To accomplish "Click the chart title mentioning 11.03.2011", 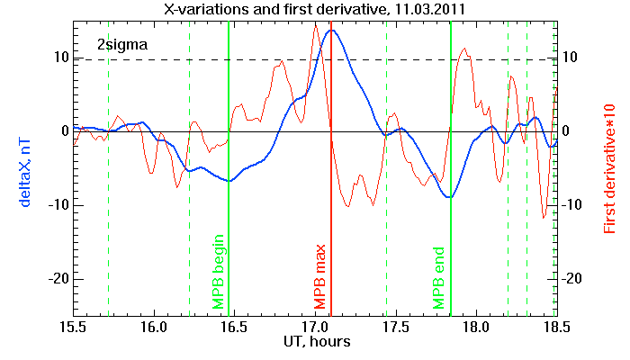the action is click(315, 9).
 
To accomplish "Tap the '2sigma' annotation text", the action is click(122, 45).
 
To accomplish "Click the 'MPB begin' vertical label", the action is click(218, 272).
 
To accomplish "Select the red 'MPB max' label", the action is click(319, 277).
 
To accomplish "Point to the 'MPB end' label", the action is click(438, 278).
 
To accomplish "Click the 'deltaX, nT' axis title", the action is click(25, 173).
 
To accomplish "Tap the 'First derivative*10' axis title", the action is click(609, 169).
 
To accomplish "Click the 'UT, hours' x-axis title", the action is click(317, 341).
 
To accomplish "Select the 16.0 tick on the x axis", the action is click(154, 327).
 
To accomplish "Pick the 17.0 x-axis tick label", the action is click(315, 327).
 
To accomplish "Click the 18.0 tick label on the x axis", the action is click(476, 327).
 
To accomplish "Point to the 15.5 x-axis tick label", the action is click(73, 327).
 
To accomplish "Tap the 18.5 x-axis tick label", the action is click(557, 327).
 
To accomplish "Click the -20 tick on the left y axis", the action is click(58, 279).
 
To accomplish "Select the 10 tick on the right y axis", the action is click(570, 57).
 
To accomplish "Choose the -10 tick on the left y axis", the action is click(58, 205).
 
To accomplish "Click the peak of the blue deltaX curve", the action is click(332, 30).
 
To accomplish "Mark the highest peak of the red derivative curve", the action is click(316, 26).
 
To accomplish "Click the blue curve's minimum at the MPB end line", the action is click(450, 197).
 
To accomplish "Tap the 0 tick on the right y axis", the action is click(566, 131).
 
